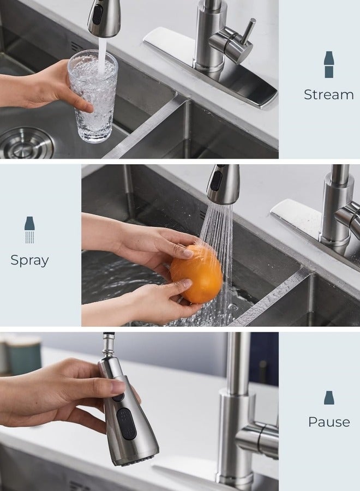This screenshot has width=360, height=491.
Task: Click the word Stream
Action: pyautogui.click(x=328, y=94)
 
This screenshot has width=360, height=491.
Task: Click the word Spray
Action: pyautogui.click(x=29, y=260)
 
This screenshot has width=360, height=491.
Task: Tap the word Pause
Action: pyautogui.click(x=329, y=422)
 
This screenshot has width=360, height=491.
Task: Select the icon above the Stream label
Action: pyautogui.click(x=329, y=64)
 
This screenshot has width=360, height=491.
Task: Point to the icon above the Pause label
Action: pyautogui.click(x=329, y=398)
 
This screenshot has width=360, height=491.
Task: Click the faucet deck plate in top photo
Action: pyautogui.click(x=213, y=65)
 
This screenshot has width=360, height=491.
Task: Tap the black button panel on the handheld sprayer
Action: pyautogui.click(x=124, y=423)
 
